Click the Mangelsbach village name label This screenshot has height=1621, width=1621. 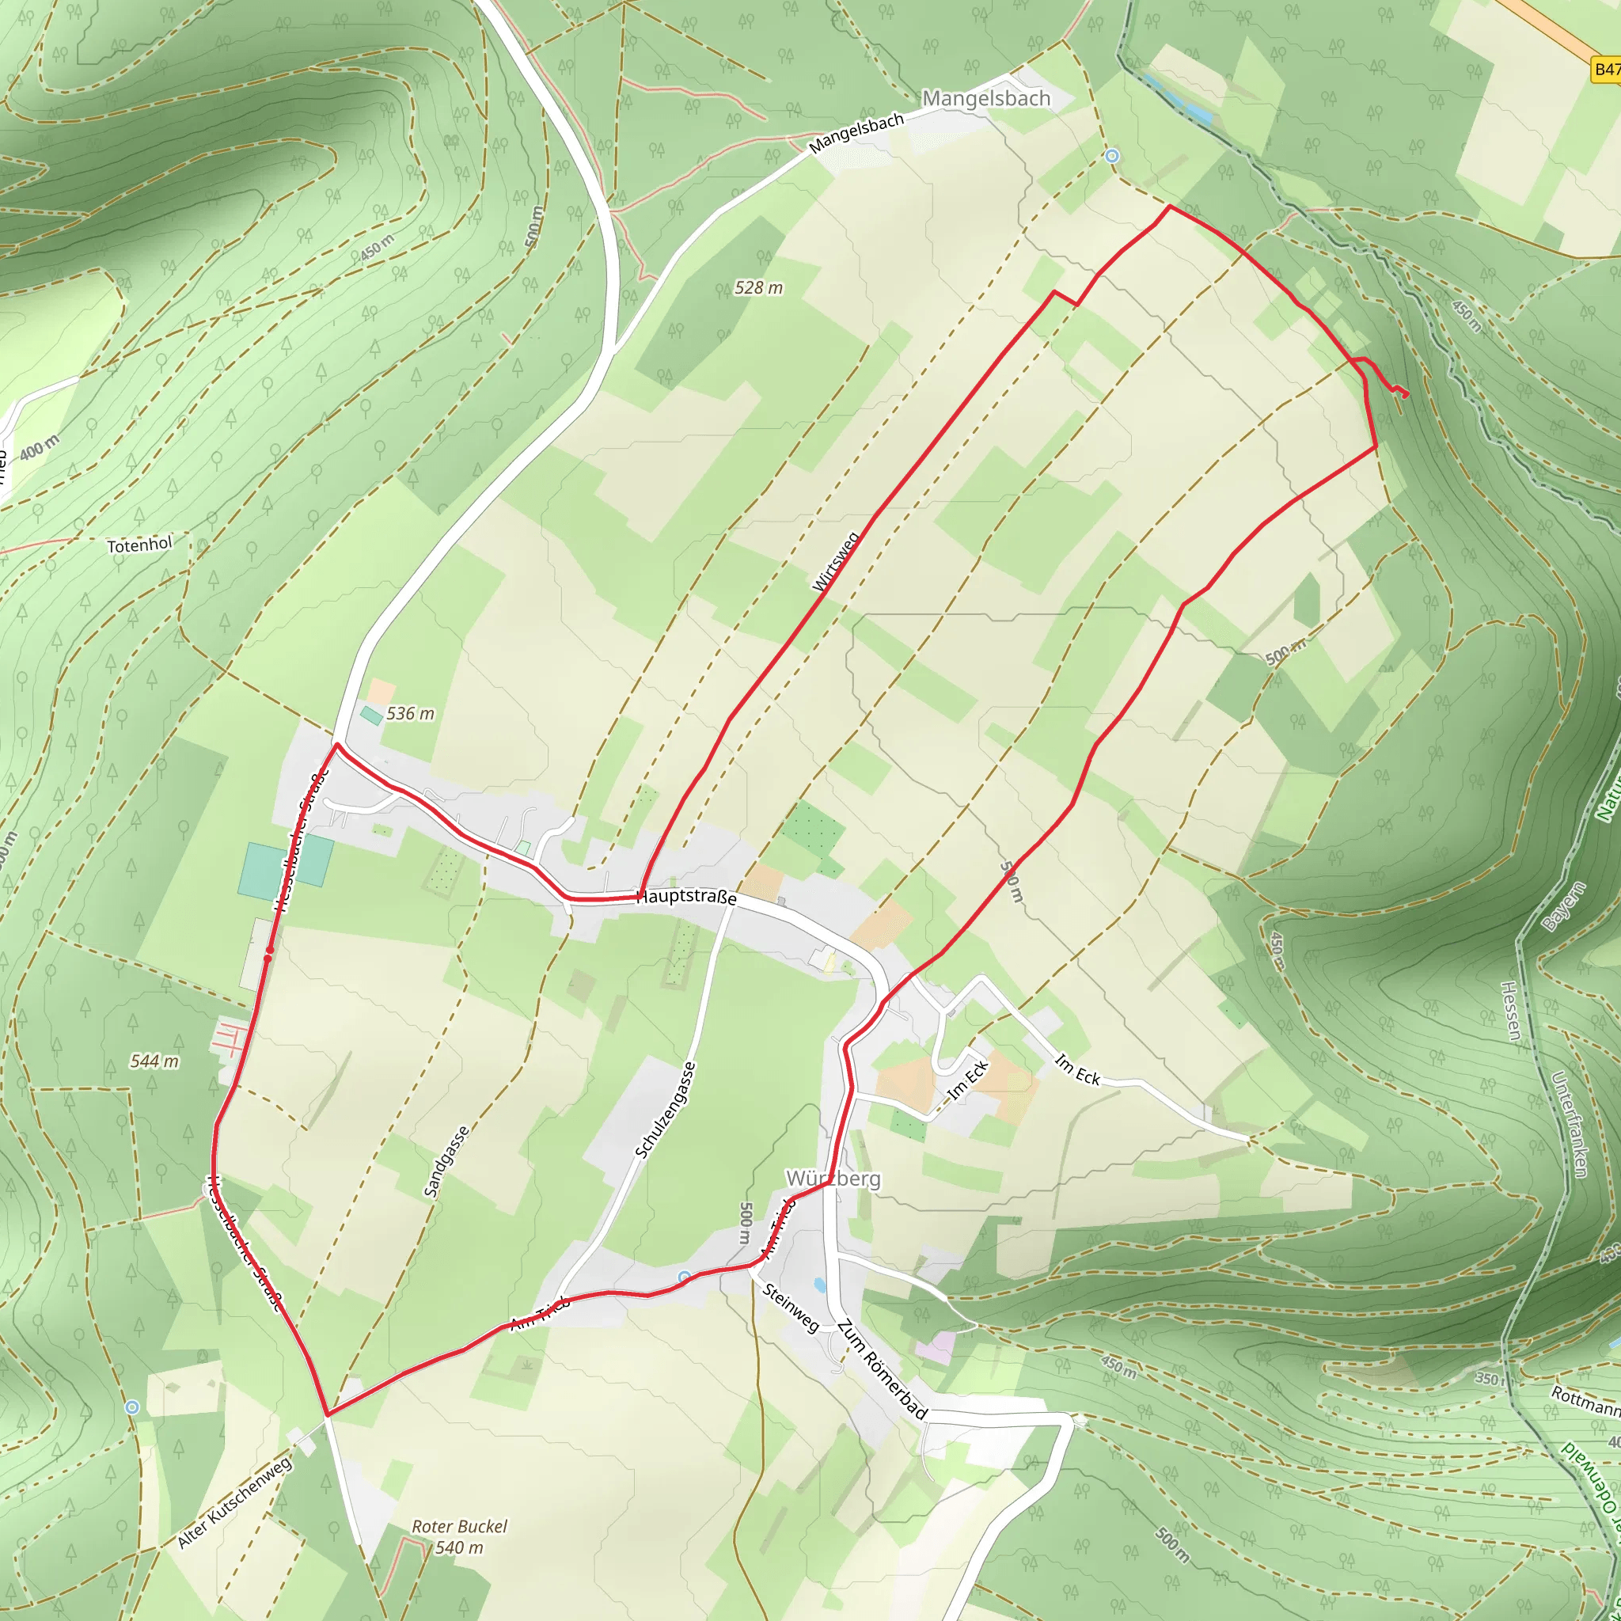(986, 98)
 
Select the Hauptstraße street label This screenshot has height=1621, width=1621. (686, 897)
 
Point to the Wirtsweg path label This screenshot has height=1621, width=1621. (836, 561)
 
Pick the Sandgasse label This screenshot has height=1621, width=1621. (446, 1162)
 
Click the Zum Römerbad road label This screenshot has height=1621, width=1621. (882, 1370)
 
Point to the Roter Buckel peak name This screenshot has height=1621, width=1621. (459, 1526)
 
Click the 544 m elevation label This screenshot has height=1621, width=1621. (154, 1061)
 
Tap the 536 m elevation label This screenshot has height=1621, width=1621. (410, 714)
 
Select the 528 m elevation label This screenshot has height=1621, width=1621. (758, 288)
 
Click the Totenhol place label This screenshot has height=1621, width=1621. (139, 545)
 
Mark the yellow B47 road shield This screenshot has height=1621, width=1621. (1607, 70)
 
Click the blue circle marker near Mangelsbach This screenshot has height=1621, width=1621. (1113, 156)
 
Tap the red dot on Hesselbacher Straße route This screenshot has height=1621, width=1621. (269, 951)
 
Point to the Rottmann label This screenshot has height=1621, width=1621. (1585, 1399)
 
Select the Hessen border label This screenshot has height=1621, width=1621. (1510, 1011)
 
